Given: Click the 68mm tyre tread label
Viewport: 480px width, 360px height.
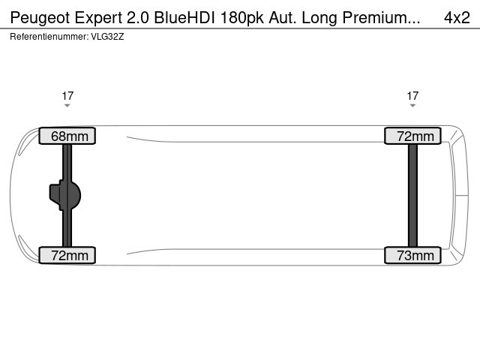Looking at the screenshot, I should (67, 136).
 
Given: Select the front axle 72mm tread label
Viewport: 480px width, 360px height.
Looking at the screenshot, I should (67, 256).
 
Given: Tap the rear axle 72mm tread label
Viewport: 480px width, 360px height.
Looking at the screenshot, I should (412, 136).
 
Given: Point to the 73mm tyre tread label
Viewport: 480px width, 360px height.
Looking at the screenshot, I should (412, 256).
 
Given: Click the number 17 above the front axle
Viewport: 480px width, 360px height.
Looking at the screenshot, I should (67, 95).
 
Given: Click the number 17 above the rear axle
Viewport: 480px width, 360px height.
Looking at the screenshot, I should (412, 95).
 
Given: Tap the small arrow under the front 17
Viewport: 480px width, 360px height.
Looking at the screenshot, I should (67, 106).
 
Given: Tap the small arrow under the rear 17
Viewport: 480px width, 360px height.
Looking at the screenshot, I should (412, 106).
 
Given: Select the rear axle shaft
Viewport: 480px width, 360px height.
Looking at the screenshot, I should (412, 195).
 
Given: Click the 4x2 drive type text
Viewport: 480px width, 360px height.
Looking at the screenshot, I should (454, 17).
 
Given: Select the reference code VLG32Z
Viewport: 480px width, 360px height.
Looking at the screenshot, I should (107, 36).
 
